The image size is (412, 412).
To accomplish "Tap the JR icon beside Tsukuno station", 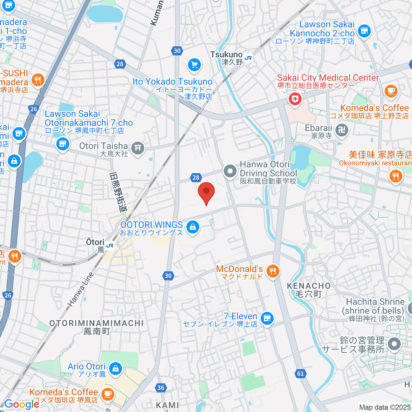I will [x=248, y=58].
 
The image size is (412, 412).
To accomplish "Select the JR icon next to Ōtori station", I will [x=110, y=245].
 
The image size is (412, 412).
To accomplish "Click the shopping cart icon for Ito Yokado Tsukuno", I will [x=194, y=65].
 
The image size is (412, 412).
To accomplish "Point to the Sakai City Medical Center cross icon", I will [x=295, y=100].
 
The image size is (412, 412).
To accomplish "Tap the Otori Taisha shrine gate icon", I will [x=138, y=148].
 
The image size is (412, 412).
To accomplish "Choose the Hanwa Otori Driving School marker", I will [x=230, y=171].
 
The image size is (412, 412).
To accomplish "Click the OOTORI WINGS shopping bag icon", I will [x=193, y=227].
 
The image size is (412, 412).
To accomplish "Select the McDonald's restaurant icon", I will [x=273, y=271].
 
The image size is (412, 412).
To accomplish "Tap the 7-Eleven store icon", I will [x=267, y=318].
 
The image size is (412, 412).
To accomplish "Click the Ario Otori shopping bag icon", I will [x=115, y=369].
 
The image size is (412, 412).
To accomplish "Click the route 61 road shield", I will [x=300, y=373].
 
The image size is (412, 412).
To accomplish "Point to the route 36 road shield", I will [x=161, y=388].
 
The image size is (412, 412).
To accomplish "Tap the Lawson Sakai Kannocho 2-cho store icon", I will [x=364, y=31].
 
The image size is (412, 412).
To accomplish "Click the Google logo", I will [x=21, y=404].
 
